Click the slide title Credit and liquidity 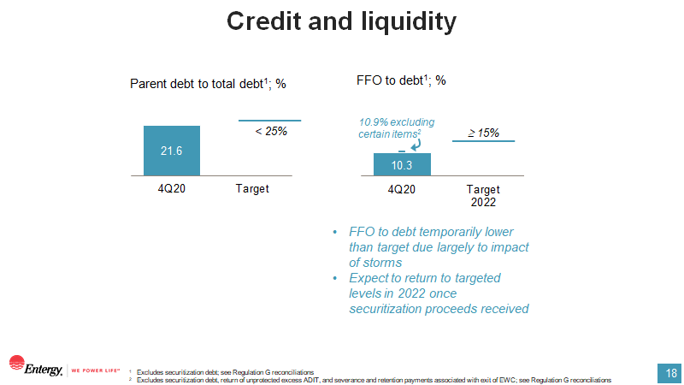tap(341, 22)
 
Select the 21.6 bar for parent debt tap(172, 151)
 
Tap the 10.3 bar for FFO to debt tap(402, 163)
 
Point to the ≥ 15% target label tap(483, 133)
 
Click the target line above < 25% tap(269, 121)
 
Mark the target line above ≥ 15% tap(483, 140)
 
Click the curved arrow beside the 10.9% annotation tap(416, 145)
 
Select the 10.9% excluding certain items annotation tap(391, 128)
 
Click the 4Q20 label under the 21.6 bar tap(172, 188)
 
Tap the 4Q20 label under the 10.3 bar tap(402, 189)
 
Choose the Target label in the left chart tap(252, 188)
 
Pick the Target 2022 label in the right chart tap(483, 196)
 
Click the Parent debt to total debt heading tap(208, 84)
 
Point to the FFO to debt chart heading tap(401, 80)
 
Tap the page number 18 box tap(670, 373)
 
